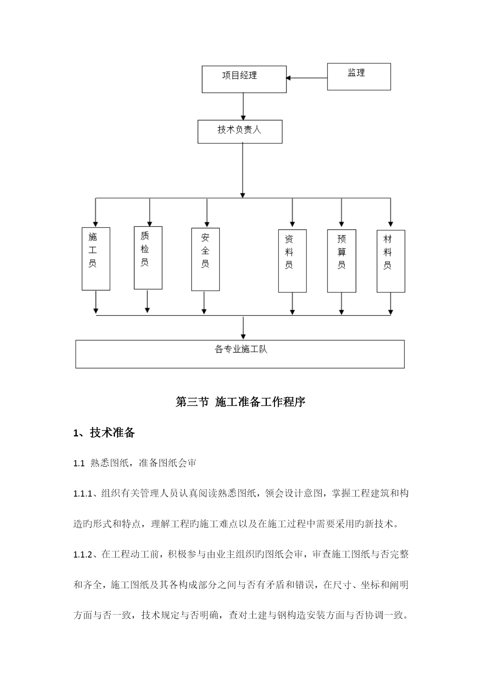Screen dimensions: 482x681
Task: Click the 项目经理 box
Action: coord(244,79)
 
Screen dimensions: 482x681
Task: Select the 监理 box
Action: coord(359,77)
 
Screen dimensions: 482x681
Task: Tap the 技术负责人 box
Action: coord(240,132)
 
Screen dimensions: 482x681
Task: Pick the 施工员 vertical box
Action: coord(96,259)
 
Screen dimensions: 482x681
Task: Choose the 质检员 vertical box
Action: coord(148,258)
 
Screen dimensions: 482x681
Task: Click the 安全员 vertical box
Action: coord(205,259)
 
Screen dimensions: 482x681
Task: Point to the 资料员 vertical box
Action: coord(292,261)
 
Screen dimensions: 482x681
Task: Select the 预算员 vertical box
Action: coord(342,261)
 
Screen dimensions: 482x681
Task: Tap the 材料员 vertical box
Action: coord(391,261)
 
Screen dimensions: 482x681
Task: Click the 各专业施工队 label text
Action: coord(241,349)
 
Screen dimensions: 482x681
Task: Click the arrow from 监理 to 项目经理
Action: coord(307,78)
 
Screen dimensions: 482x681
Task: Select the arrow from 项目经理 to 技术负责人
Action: coord(243,106)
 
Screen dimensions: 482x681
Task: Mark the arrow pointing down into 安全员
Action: coord(207,213)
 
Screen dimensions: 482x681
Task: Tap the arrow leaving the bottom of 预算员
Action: coord(341,304)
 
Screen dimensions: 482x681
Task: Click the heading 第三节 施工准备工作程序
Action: coord(241,402)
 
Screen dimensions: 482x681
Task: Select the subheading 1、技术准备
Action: coord(104,433)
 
